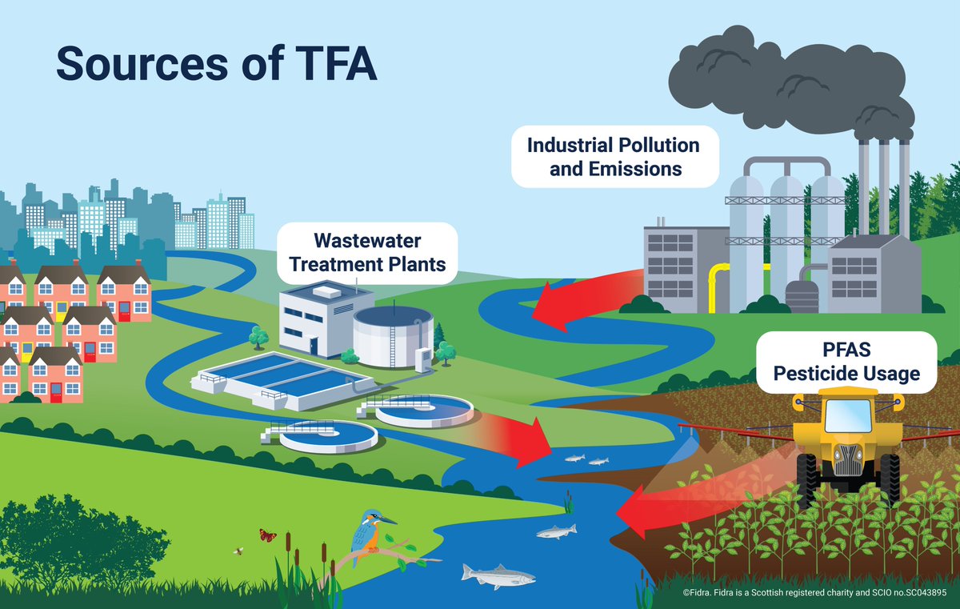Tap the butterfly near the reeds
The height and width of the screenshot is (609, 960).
(267, 534)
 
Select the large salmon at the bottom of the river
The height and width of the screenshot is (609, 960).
(498, 575)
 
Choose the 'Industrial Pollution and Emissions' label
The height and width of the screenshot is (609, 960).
(614, 157)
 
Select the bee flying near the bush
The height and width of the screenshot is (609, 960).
(238, 551)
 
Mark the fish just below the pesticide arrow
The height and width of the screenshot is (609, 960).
(555, 531)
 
